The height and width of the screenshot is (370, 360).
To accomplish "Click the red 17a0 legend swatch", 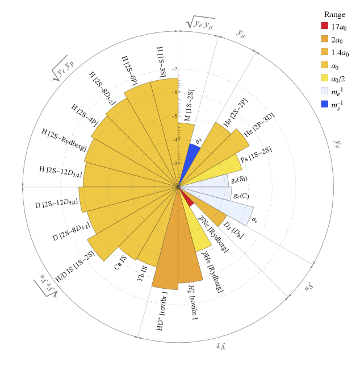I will [x=324, y=26].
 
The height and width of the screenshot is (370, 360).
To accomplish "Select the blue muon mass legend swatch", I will [x=324, y=104].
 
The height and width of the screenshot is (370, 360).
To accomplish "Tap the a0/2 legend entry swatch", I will [x=324, y=78].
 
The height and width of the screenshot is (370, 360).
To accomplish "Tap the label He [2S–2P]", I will [x=235, y=111].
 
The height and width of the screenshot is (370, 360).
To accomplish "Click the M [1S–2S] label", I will [x=187, y=106].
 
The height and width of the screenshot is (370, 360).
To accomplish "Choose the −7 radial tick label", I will [x=174, y=69].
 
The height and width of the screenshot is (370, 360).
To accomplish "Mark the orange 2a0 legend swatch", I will [x=324, y=39].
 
